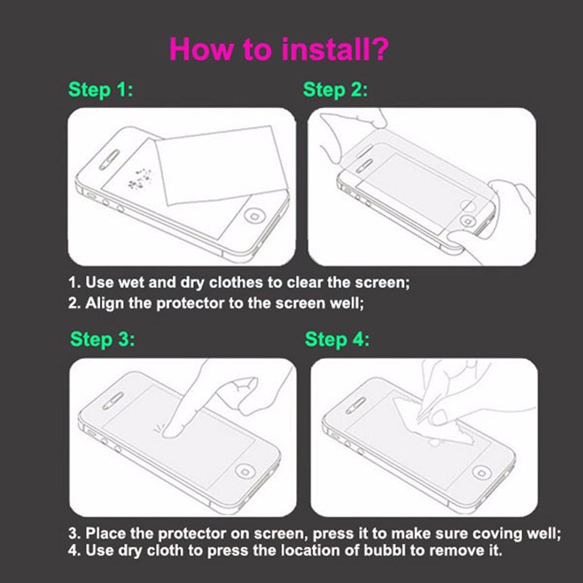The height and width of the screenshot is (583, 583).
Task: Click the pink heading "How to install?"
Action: click(279, 49)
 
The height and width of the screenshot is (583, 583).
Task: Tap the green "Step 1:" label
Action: click(101, 90)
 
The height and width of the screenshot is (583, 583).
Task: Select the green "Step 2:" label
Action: click(335, 90)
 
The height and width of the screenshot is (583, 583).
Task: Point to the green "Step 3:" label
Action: click(102, 340)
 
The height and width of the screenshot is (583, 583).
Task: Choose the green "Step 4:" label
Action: click(337, 340)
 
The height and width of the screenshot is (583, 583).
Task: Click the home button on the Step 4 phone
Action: click(482, 471)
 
